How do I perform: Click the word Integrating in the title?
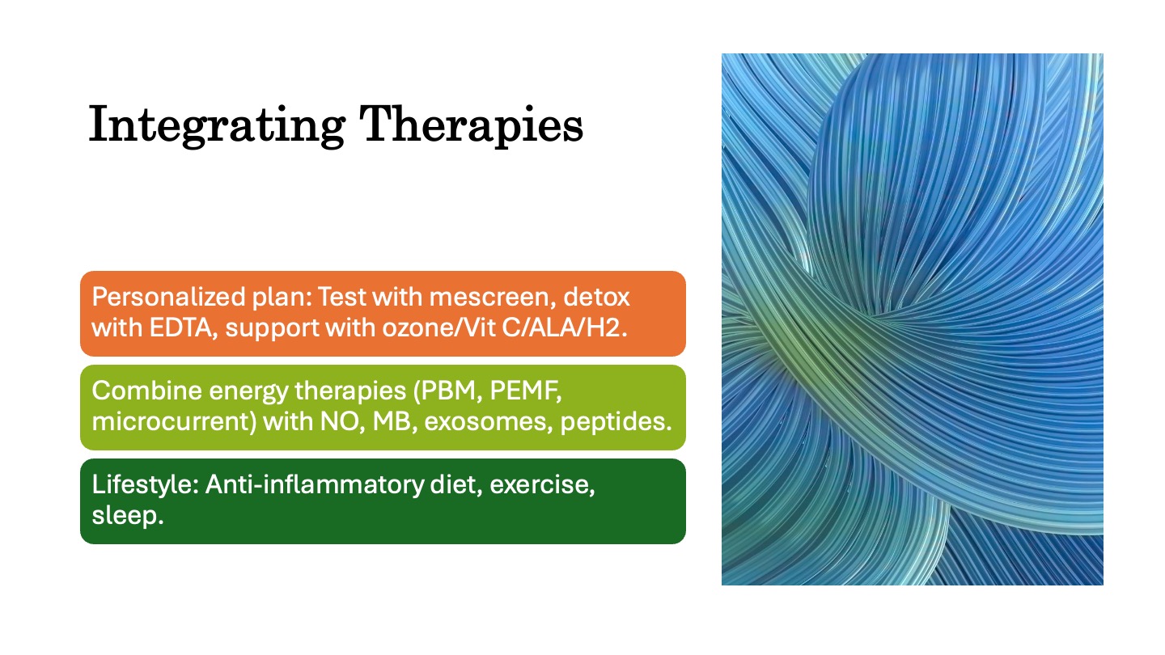[x=217, y=125]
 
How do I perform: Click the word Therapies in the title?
[x=471, y=125]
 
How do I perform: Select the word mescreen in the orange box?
[x=489, y=298]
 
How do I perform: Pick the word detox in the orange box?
[x=596, y=297]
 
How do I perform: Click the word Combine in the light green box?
[x=146, y=391]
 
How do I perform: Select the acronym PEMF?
[x=525, y=391]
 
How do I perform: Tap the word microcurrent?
[x=174, y=421]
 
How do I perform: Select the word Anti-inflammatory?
[x=315, y=485]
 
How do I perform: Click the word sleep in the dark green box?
[x=128, y=516]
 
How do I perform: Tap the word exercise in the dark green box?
[x=542, y=485]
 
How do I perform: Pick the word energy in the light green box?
[x=248, y=391]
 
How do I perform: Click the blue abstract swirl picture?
[x=913, y=319]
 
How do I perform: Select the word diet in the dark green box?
[x=456, y=484]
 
